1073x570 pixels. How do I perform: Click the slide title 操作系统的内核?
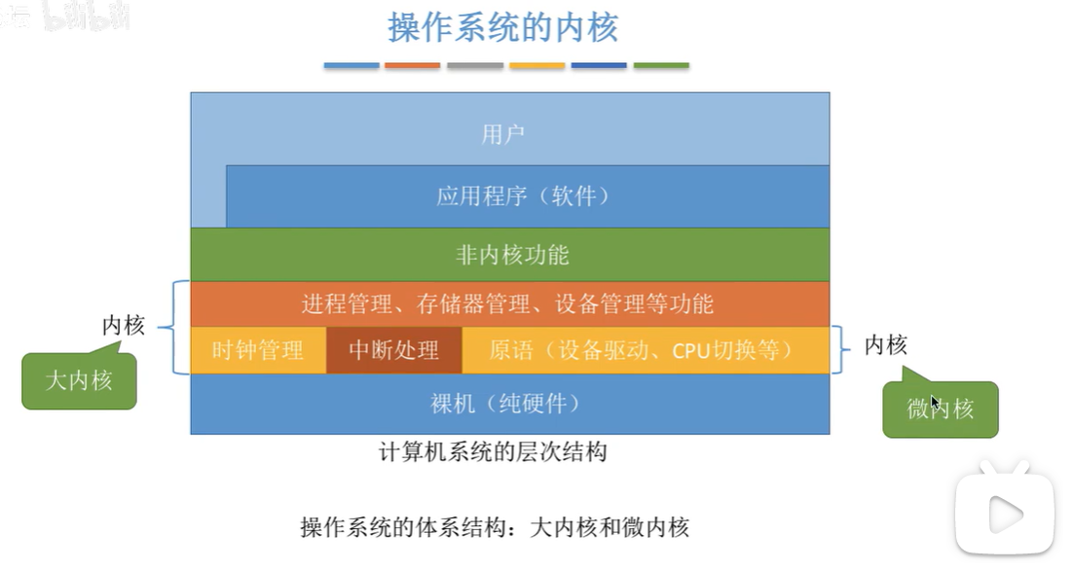click(502, 27)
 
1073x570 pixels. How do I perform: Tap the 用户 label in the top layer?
click(503, 134)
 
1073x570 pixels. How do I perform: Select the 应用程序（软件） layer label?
click(525, 196)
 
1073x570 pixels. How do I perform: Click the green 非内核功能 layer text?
click(512, 255)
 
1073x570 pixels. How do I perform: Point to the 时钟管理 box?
click(258, 349)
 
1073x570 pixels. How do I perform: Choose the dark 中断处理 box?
click(393, 349)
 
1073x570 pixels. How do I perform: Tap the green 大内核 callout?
click(79, 380)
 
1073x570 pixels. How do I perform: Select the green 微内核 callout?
click(941, 409)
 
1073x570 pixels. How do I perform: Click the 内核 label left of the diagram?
click(124, 326)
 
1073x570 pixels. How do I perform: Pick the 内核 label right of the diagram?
click(886, 344)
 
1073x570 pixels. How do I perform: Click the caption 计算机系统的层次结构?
click(493, 452)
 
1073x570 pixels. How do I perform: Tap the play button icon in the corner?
click(1004, 513)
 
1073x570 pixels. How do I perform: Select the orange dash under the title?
click(413, 65)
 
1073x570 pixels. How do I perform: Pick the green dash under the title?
click(661, 65)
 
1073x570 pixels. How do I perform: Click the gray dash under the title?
click(475, 65)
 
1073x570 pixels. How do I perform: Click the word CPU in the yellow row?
click(690, 349)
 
